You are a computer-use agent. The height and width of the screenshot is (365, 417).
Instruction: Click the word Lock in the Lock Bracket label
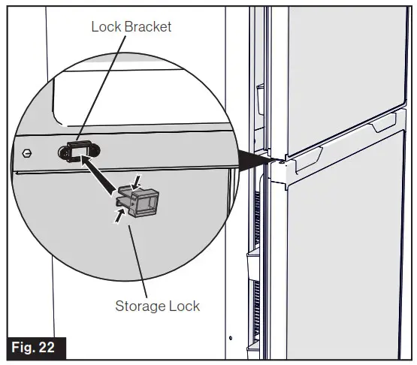point(105,27)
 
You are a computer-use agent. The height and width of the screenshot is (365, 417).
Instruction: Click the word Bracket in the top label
point(147,27)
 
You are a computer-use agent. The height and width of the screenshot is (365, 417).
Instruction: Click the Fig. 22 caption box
point(35,348)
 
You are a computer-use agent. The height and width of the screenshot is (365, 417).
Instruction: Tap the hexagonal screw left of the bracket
point(27,152)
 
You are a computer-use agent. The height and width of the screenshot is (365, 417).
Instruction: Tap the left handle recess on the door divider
point(308,155)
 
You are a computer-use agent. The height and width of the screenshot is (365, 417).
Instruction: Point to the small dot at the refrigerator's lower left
point(231,337)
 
